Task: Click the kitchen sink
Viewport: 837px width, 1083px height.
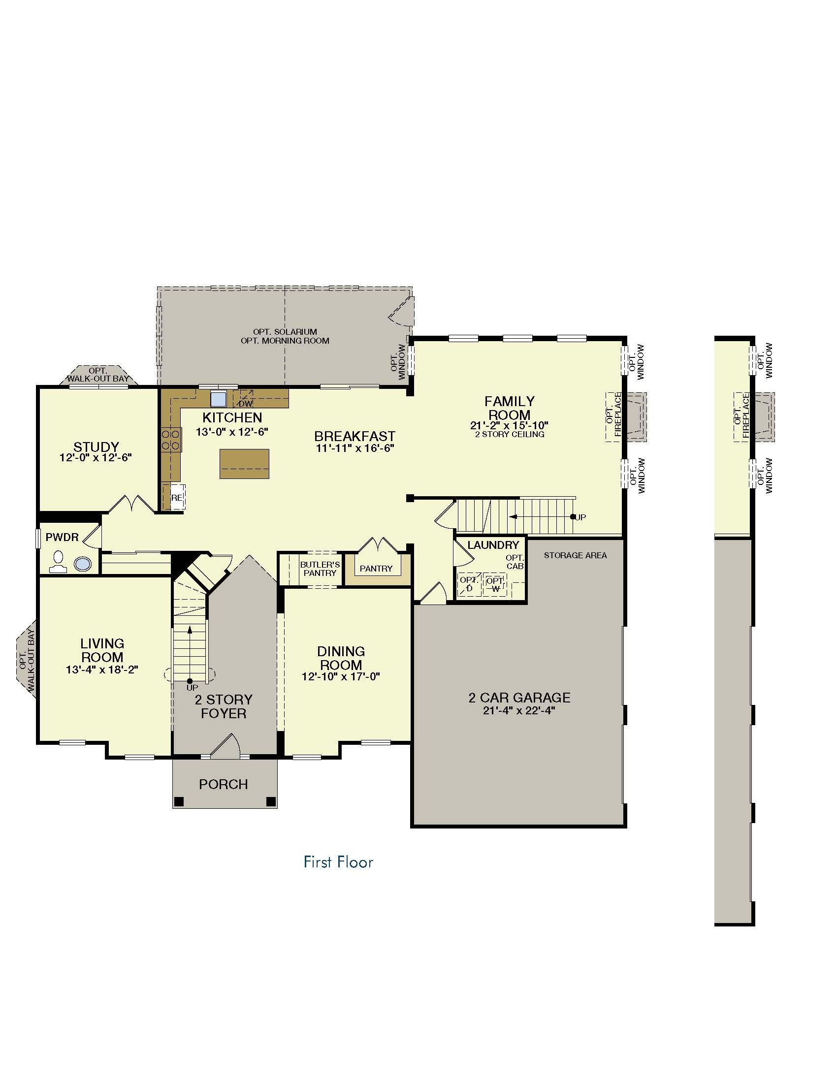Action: tap(218, 399)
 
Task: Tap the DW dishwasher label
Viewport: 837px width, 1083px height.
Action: tap(246, 404)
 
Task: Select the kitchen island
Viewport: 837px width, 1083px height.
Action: tap(245, 464)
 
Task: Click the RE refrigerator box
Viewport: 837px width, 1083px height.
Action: tap(178, 497)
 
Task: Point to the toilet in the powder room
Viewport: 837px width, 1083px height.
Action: tap(59, 561)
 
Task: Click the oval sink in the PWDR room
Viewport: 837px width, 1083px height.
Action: tap(83, 564)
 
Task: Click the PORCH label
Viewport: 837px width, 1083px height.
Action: tap(223, 784)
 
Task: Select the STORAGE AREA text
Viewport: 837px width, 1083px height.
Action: tap(575, 555)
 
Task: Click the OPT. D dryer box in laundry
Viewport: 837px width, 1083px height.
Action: tap(469, 584)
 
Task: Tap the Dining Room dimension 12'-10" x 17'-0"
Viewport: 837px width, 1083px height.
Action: tap(341, 676)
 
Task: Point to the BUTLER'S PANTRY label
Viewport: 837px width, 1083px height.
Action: tap(320, 569)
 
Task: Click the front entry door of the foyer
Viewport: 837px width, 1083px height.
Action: tap(226, 746)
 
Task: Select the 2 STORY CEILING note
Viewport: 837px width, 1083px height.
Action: tap(509, 434)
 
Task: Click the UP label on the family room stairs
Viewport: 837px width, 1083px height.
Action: tap(580, 517)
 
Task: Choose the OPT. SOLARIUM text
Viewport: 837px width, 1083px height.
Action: tap(285, 332)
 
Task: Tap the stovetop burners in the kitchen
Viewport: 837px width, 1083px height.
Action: tap(170, 440)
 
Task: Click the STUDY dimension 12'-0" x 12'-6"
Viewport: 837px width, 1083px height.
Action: tap(96, 457)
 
